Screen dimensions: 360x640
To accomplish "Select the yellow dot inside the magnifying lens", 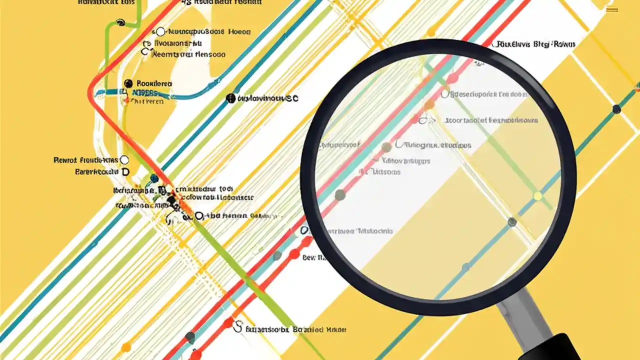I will (x=537, y=196).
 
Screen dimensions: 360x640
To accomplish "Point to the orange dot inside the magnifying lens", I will (x=429, y=105).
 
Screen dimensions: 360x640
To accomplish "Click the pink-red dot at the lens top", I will (x=452, y=78).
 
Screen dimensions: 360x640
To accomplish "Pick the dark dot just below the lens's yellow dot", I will (x=512, y=221).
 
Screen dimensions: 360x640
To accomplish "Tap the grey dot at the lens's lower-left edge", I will (x=340, y=194).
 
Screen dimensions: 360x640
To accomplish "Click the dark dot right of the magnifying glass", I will (x=616, y=109).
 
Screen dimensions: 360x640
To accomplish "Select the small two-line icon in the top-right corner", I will (x=611, y=10).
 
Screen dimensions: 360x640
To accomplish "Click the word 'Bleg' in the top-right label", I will (x=541, y=44).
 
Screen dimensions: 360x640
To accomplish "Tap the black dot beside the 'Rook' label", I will (x=128, y=83).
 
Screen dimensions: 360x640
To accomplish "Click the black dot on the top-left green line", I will (x=120, y=22).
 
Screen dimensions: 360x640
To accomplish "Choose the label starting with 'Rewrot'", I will (x=85, y=160).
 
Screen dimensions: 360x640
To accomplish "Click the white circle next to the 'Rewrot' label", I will (x=124, y=160).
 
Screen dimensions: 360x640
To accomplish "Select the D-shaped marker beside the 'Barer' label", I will (x=125, y=171).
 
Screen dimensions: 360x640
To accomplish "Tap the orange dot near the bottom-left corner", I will (x=126, y=346).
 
